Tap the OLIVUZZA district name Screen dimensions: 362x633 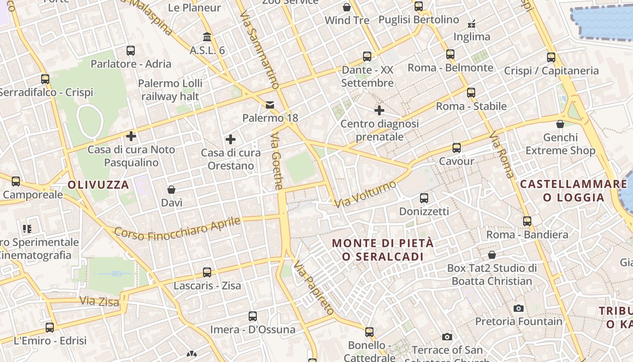99,185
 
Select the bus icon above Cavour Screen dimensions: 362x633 457,148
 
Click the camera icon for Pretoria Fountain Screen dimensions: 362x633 519,309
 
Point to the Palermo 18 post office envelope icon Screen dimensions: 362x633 270,105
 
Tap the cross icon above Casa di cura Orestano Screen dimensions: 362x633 231,139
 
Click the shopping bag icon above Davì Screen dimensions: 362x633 171,189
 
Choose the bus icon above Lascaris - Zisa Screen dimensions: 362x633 207,272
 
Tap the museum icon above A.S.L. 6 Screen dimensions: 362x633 207,37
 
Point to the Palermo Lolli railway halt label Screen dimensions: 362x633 170,90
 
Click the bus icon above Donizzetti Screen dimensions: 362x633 424,198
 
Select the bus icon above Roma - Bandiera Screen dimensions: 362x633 527,221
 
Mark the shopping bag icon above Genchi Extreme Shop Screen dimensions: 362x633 560,124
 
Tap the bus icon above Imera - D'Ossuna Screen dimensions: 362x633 253,316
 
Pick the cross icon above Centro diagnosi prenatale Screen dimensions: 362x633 379,110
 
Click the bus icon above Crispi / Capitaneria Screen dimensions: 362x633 551,57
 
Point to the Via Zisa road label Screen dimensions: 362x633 99,301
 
